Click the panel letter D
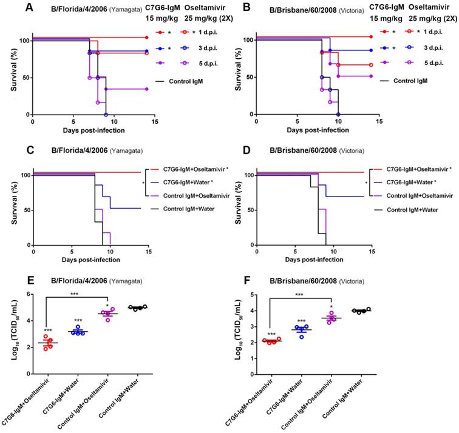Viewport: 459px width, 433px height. click(237, 144)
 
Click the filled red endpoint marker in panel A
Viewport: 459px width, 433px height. click(149, 37)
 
